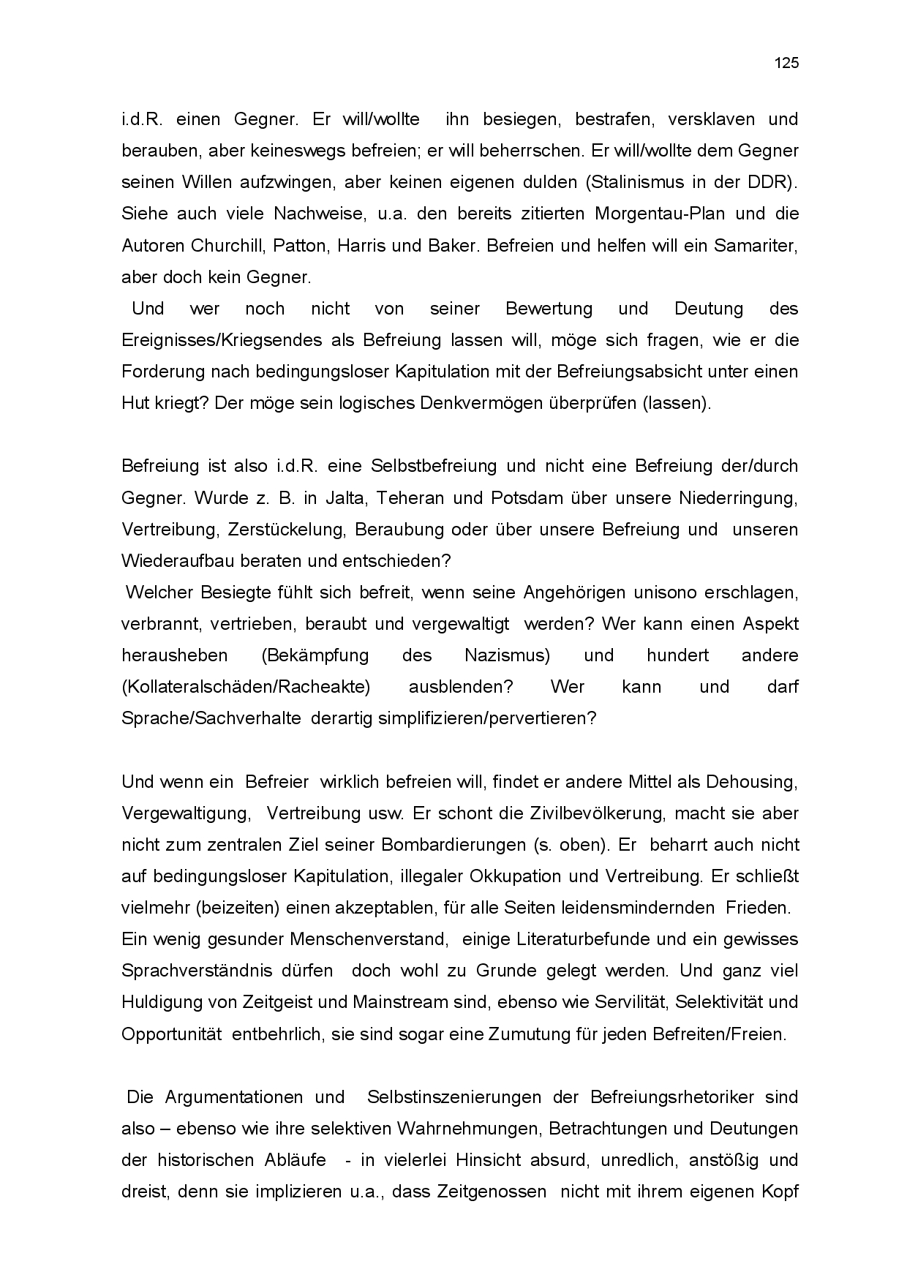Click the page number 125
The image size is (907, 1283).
coord(786,63)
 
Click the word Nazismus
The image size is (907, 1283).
coord(507,655)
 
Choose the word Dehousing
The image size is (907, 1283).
coord(751,781)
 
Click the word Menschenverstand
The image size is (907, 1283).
coord(368,938)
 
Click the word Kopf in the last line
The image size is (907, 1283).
coord(778,1191)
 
